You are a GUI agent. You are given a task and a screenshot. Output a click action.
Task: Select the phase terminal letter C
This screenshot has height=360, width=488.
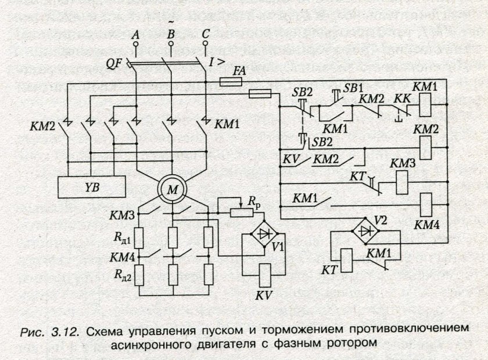point(206,35)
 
